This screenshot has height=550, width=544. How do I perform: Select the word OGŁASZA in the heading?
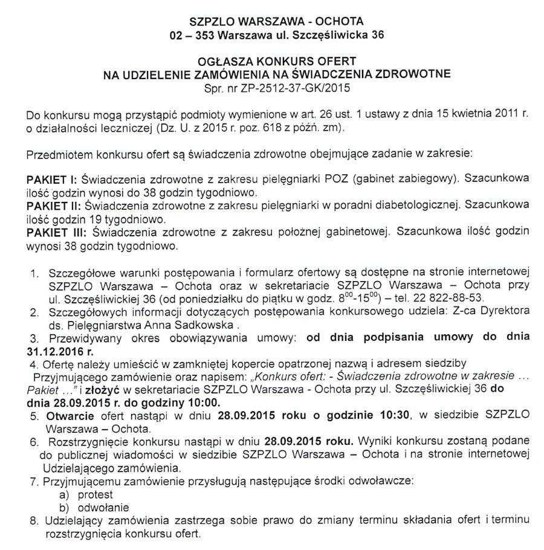tap(224, 61)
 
